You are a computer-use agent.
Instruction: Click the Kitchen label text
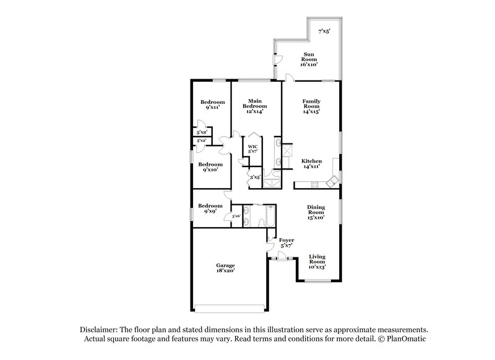pyautogui.click(x=311, y=161)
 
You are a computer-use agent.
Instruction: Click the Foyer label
pyautogui.click(x=286, y=239)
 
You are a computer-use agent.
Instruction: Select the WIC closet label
pyautogui.click(x=252, y=147)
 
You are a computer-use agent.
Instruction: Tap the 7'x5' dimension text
pyautogui.click(x=324, y=31)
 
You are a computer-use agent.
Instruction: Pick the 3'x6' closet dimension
pyautogui.click(x=235, y=216)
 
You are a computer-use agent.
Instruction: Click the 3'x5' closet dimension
pyautogui.click(x=254, y=178)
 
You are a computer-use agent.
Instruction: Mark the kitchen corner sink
pyautogui.click(x=333, y=180)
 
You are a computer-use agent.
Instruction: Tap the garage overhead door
pyautogui.click(x=231, y=307)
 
